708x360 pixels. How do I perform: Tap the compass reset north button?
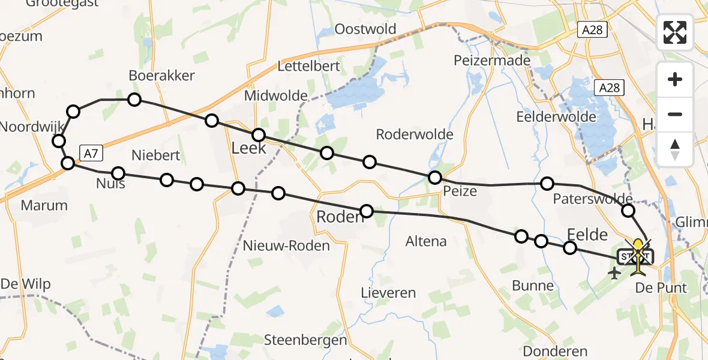[675, 149]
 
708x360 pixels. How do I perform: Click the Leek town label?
[248, 148]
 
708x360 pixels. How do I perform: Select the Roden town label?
[340, 217]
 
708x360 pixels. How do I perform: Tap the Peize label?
[460, 191]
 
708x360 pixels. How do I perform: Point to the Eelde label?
[587, 235]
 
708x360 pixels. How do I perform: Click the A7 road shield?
[90, 154]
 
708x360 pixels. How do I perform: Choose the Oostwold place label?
[365, 29]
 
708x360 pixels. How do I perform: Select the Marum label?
[44, 205]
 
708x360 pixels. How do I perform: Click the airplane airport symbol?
[614, 274]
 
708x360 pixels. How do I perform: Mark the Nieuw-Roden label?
[286, 245]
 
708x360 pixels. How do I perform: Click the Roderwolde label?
[414, 134]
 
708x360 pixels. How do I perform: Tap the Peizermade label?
[492, 61]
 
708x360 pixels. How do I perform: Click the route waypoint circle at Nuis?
[118, 173]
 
